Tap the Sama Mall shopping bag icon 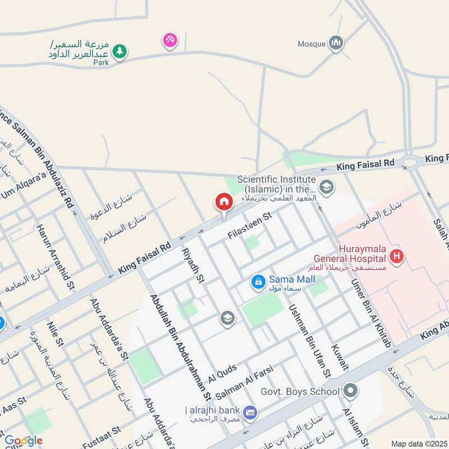coord(258,281)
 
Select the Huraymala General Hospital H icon coord(397,257)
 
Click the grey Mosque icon coord(336,43)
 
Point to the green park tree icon coord(119,52)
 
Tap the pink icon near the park coord(169,40)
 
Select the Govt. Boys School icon coord(351,391)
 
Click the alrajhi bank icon coord(250,411)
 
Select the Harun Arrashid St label coord(56,257)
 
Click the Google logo coord(23,441)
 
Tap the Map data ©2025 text coord(418,443)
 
